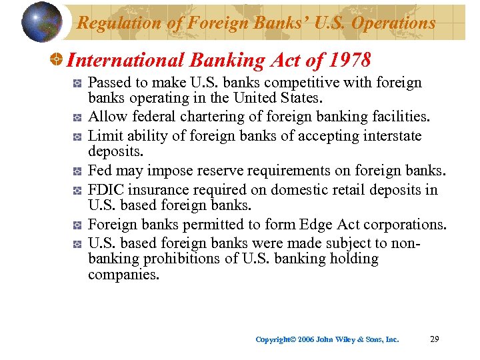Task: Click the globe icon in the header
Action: [42, 22]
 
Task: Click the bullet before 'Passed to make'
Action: [78, 83]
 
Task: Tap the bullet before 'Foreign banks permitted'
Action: [78, 225]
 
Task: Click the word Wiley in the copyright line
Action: [343, 339]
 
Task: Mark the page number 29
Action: [434, 339]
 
